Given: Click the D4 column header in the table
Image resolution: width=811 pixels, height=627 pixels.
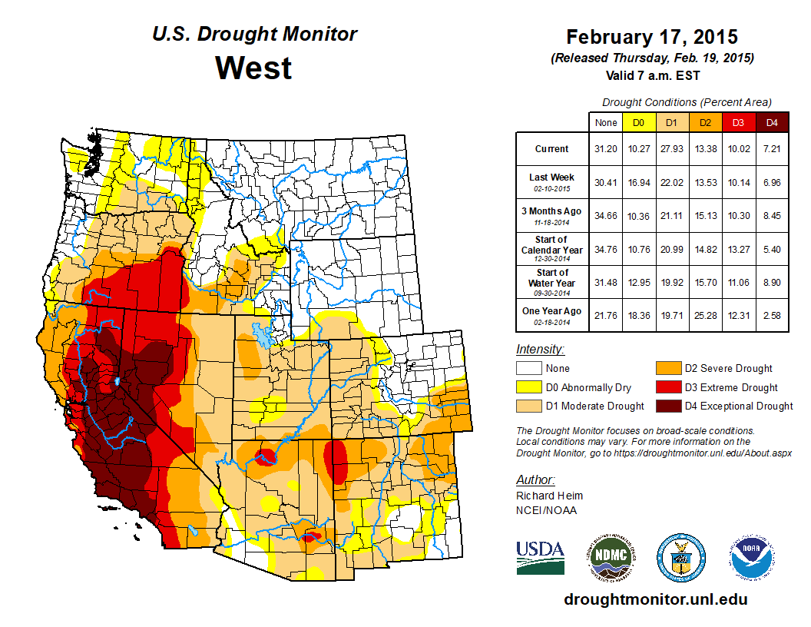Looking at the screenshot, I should (771, 122).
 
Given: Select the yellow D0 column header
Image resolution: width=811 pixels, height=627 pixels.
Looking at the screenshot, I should (638, 122).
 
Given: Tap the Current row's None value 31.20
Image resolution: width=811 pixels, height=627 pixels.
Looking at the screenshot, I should (605, 149).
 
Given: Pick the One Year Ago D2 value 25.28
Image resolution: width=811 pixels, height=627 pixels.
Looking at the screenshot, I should (704, 312).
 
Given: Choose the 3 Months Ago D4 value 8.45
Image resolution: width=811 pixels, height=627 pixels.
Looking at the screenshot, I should (771, 215).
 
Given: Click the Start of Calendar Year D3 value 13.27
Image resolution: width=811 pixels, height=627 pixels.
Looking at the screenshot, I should (738, 249).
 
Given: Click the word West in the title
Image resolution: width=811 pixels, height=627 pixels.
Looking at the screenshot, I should (253, 68).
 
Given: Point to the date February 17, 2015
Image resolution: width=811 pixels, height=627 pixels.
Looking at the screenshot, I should (651, 37).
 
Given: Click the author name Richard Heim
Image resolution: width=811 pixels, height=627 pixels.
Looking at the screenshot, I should (549, 496).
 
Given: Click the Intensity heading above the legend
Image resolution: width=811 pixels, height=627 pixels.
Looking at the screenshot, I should (541, 349).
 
